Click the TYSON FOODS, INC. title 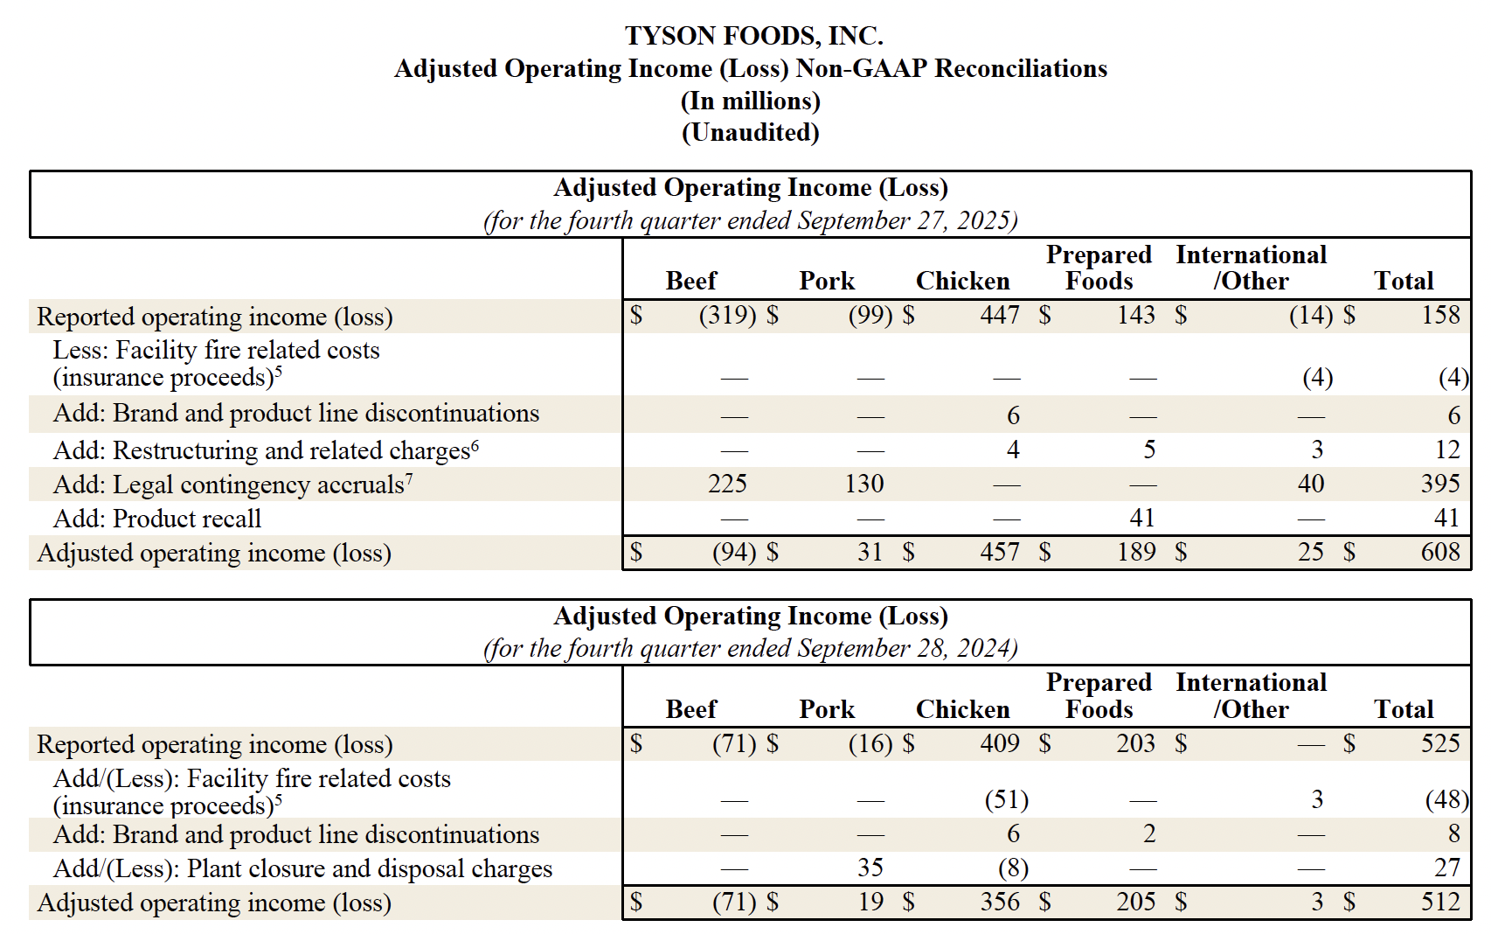click(752, 36)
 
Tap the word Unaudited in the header click(751, 133)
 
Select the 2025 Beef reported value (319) click(727, 315)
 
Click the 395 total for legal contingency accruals click(1439, 484)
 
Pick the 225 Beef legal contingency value click(727, 484)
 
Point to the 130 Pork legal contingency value click(863, 484)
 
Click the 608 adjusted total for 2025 click(1439, 553)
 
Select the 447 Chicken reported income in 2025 click(999, 315)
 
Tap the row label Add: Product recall click(157, 519)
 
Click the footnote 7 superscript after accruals click(409, 478)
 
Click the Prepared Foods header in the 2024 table click(1099, 696)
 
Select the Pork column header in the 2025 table click(826, 282)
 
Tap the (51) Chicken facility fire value click(1006, 800)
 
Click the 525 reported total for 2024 click(1439, 743)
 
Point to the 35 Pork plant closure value click(870, 868)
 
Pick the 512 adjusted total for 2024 click(1439, 902)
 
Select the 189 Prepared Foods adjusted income click(1135, 553)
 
